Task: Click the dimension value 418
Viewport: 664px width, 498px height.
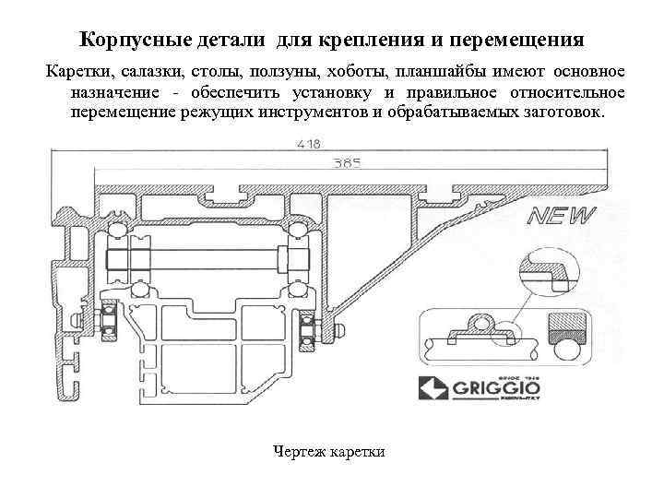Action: point(310,144)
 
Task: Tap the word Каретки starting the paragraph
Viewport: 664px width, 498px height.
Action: point(77,72)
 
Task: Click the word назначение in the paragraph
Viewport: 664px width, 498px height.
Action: point(119,92)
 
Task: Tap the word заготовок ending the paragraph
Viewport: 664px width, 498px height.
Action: point(560,113)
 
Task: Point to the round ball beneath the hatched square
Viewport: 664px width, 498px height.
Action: point(564,349)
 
